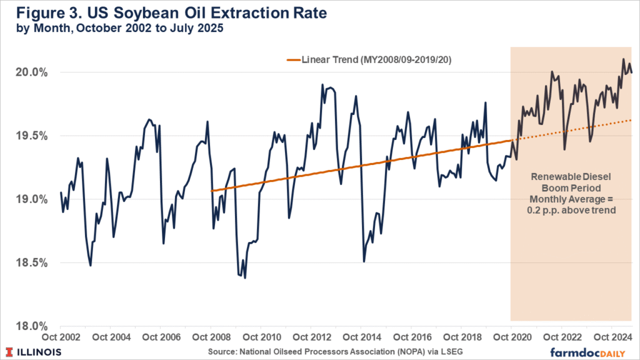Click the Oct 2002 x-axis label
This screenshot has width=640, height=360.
[x=60, y=337]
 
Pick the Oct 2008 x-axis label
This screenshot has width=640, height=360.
[x=211, y=337]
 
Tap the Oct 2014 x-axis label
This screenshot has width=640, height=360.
[x=361, y=337]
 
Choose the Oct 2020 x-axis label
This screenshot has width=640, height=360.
[x=511, y=337]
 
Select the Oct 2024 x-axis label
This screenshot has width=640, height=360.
[x=611, y=337]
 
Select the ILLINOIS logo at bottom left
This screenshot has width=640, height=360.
[x=35, y=351]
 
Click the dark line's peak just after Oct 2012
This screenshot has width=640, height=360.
[x=322, y=84]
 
